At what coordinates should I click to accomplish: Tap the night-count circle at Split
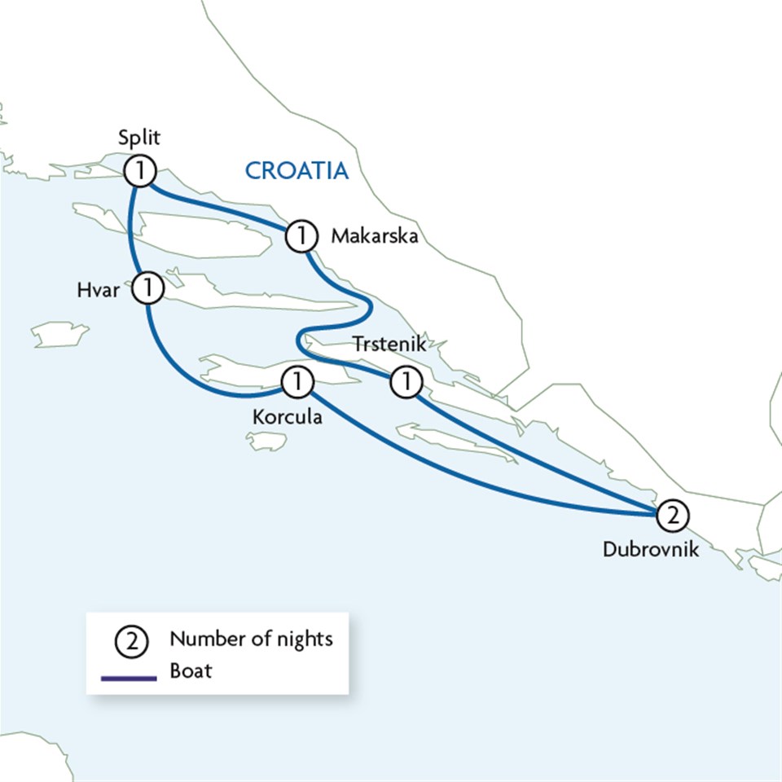tap(140, 171)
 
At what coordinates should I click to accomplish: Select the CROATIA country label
tap(297, 171)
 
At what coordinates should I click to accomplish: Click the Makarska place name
tap(374, 237)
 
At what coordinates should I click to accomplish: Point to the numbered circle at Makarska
tap(301, 237)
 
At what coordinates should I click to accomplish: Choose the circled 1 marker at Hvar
tap(148, 288)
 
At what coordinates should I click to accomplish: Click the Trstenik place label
tap(389, 345)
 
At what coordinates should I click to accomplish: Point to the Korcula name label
tap(287, 417)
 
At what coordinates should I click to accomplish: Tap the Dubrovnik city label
tap(651, 549)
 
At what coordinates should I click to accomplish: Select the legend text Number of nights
tap(251, 639)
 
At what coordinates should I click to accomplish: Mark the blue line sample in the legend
tap(129, 676)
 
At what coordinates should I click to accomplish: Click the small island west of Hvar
tap(59, 333)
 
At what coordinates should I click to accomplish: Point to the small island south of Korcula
tap(266, 442)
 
